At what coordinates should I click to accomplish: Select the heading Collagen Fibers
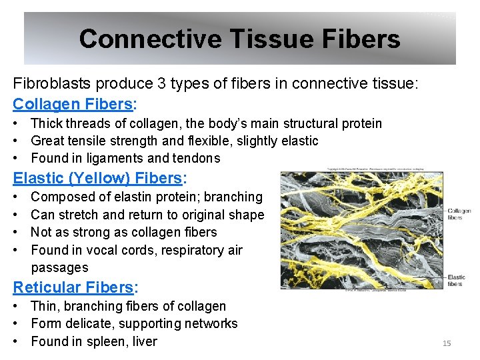(73, 104)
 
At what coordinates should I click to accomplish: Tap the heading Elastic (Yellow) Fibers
(97, 178)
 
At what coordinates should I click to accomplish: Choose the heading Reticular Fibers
(73, 287)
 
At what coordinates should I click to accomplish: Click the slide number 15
(447, 343)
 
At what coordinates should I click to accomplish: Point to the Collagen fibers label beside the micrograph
(459, 213)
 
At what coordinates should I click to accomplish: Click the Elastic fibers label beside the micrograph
(457, 280)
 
